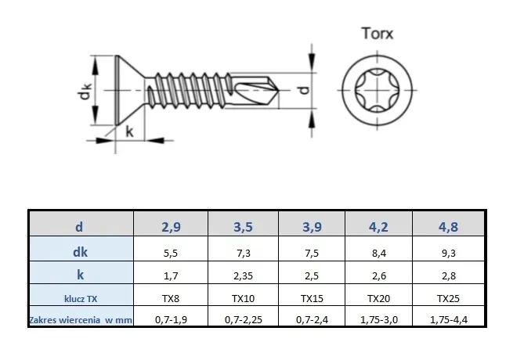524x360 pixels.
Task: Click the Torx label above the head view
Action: (378, 34)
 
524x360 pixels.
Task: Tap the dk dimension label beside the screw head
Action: (84, 91)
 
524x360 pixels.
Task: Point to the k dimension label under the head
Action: (129, 131)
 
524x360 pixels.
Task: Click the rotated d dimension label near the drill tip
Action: (304, 90)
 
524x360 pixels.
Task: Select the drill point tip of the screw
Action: (278, 90)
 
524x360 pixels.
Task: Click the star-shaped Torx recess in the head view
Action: (377, 90)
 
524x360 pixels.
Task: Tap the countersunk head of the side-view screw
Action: (130, 90)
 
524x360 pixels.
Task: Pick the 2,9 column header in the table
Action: (171, 227)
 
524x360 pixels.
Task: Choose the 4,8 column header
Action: (448, 227)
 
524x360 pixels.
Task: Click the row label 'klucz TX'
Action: (81, 298)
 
